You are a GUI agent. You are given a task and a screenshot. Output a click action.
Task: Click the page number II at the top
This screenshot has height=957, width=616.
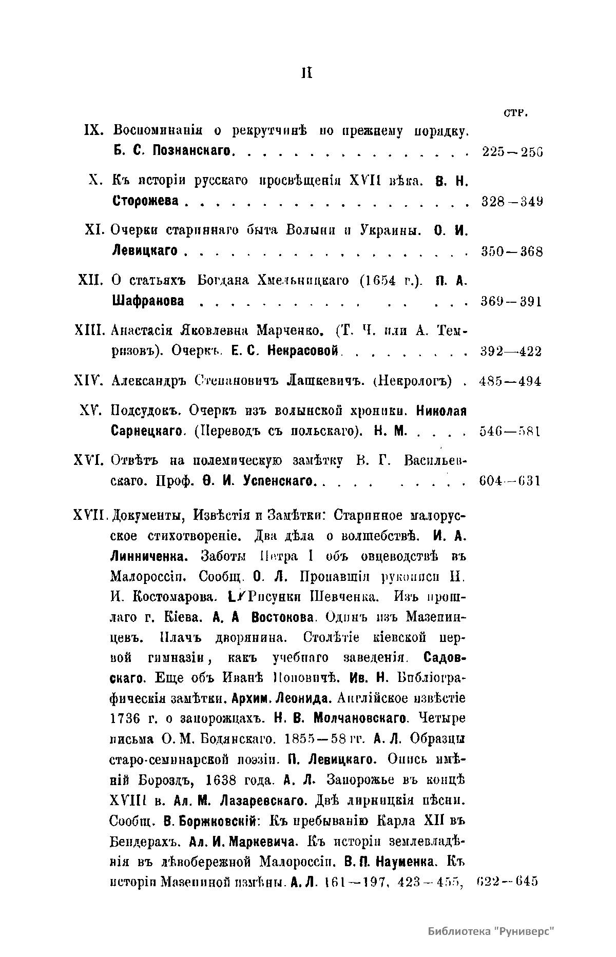pos(306,73)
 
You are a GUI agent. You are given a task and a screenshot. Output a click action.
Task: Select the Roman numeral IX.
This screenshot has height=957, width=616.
pos(93,131)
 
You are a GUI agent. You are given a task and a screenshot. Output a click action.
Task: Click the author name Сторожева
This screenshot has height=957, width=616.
pos(145,201)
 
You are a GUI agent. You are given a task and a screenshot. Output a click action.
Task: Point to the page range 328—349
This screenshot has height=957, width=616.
pos(512,202)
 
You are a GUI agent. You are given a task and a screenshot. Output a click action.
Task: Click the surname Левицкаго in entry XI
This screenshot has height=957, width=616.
pos(144,251)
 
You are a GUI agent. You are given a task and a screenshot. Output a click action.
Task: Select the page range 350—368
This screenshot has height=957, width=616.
pos(512,251)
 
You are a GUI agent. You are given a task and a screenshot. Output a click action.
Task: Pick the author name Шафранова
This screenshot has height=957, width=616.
pos(148,301)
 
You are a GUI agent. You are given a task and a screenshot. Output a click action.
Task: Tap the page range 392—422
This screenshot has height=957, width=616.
pos(511,351)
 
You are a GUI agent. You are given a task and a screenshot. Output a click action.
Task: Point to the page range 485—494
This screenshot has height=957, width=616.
pos(510,381)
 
